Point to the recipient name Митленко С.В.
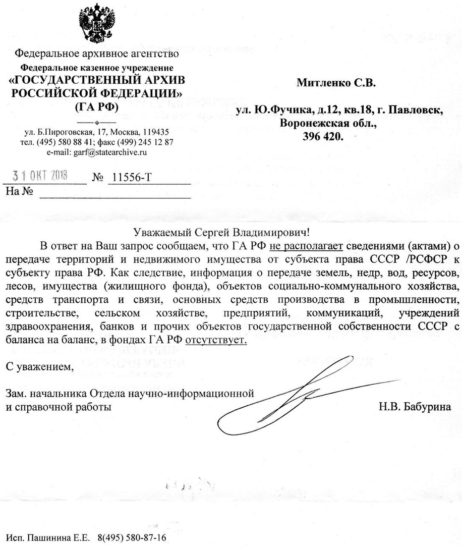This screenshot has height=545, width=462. click(x=336, y=82)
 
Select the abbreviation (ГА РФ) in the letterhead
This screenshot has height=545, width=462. click(x=97, y=106)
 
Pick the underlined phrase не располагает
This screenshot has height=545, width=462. click(x=306, y=246)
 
